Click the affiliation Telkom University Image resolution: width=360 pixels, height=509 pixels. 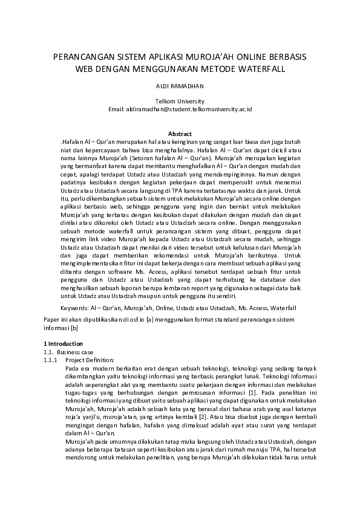pyautogui.click(x=180, y=101)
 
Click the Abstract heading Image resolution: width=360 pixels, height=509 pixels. pyautogui.click(x=180, y=134)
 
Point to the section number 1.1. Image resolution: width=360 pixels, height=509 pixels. pyautogui.click(x=47, y=351)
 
